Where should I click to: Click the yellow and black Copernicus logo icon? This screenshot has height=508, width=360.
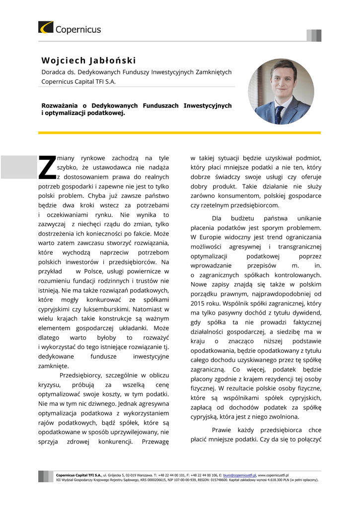tap(46, 27)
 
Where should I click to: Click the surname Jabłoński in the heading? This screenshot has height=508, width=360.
tap(112, 61)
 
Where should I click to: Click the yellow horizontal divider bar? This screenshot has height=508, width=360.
tap(179, 132)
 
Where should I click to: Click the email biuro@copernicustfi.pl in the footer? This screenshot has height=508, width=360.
tap(240, 475)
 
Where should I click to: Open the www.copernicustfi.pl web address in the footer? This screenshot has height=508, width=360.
tap(273, 475)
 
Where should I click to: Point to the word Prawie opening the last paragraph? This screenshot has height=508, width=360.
tap(222, 430)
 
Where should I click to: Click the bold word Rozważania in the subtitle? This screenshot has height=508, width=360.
tap(59, 106)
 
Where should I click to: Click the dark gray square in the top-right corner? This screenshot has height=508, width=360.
tap(318, 36)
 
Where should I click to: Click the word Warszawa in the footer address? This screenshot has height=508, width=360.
tap(144, 475)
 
